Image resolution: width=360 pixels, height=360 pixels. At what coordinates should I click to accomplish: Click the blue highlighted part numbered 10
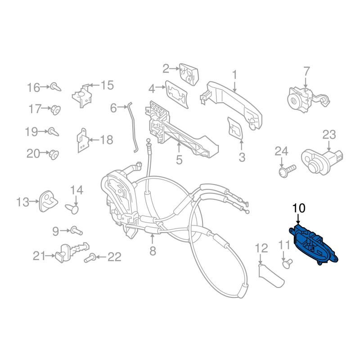pyautogui.click(x=313, y=245)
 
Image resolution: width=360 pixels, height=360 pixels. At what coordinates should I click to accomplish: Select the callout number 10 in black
pyautogui.click(x=299, y=208)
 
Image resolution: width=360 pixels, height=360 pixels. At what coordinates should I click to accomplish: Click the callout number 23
pyautogui.click(x=329, y=135)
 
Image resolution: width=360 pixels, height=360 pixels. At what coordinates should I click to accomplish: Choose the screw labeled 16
pyautogui.click(x=55, y=87)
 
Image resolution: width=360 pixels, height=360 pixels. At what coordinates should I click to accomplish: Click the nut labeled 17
pyautogui.click(x=55, y=109)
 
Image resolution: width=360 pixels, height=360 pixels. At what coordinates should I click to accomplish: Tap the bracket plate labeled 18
pyautogui.click(x=82, y=141)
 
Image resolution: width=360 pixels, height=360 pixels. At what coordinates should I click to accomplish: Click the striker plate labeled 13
pyautogui.click(x=48, y=201)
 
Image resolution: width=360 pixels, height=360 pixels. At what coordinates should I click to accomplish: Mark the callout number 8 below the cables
pyautogui.click(x=153, y=251)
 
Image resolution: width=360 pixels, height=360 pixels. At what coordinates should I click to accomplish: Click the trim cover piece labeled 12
pyautogui.click(x=270, y=276)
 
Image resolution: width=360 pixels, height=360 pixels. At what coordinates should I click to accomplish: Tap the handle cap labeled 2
pyautogui.click(x=188, y=74)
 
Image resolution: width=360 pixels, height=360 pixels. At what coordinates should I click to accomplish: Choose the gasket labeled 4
pyautogui.click(x=176, y=94)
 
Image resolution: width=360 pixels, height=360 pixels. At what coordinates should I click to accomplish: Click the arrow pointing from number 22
pyautogui.click(x=101, y=256)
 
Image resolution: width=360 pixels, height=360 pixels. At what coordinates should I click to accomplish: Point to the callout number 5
pyautogui.click(x=179, y=160)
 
